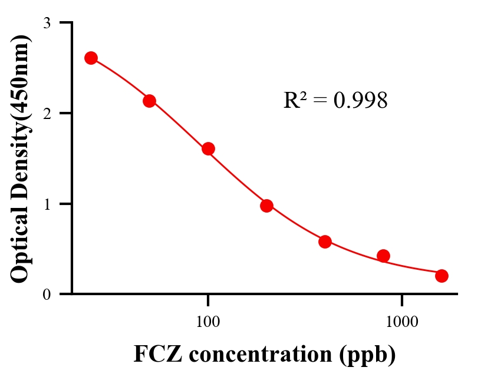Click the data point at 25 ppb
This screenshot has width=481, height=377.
tap(91, 58)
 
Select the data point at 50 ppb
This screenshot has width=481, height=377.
tap(149, 101)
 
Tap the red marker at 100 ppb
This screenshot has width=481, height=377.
tap(208, 148)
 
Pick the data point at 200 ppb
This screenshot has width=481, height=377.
tap(266, 206)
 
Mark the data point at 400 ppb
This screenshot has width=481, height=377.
tap(325, 242)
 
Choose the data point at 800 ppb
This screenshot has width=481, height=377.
tap(383, 256)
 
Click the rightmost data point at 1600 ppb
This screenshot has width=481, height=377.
tap(442, 276)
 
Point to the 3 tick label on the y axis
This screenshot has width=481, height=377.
tap(47, 23)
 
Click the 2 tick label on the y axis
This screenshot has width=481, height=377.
tap(47, 113)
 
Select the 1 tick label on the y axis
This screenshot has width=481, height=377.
tap(47, 204)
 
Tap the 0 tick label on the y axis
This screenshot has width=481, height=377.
tap(47, 294)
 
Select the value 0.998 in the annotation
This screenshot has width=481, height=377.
tap(360, 101)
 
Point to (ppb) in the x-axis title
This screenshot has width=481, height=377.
tap(367, 355)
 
